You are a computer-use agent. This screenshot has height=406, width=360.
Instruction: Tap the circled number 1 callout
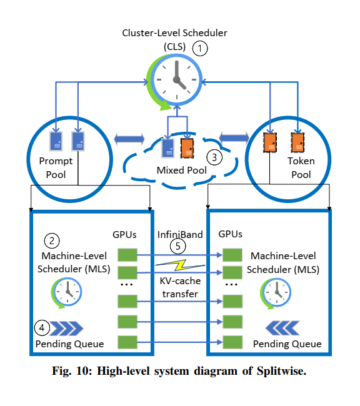pos(199,47)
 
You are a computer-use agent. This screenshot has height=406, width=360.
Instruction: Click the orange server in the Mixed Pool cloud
pos(187,147)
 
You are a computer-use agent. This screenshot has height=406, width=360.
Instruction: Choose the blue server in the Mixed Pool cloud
pos(168,147)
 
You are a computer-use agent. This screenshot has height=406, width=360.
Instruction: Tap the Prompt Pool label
pos(56,167)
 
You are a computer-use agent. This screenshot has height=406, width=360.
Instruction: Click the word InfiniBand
pos(179,234)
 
